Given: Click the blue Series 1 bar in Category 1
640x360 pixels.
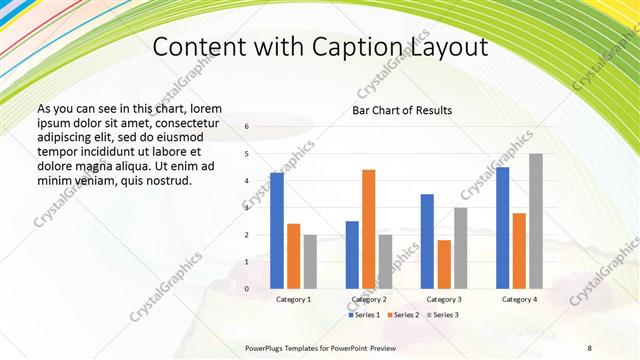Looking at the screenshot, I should click(277, 231).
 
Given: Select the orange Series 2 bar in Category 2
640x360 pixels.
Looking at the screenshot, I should click(369, 229).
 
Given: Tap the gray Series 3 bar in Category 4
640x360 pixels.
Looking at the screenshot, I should click(536, 221).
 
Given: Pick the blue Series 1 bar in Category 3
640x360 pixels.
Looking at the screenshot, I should click(427, 241).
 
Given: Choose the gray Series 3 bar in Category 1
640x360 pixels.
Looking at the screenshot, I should click(310, 261).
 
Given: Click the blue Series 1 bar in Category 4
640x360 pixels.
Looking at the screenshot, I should click(503, 228).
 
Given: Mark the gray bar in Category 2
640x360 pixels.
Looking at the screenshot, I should click(386, 261).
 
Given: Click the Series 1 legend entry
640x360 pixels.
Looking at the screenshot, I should click(364, 315).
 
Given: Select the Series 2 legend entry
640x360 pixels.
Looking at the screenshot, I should click(402, 315).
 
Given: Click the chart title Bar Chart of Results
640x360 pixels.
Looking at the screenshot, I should click(402, 110).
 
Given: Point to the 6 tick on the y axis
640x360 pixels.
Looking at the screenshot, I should click(247, 127).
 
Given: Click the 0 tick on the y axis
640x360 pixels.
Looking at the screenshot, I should click(247, 288).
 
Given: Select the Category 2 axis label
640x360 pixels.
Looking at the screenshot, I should click(369, 299).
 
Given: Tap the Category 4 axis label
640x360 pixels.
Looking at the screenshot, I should click(519, 299).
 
